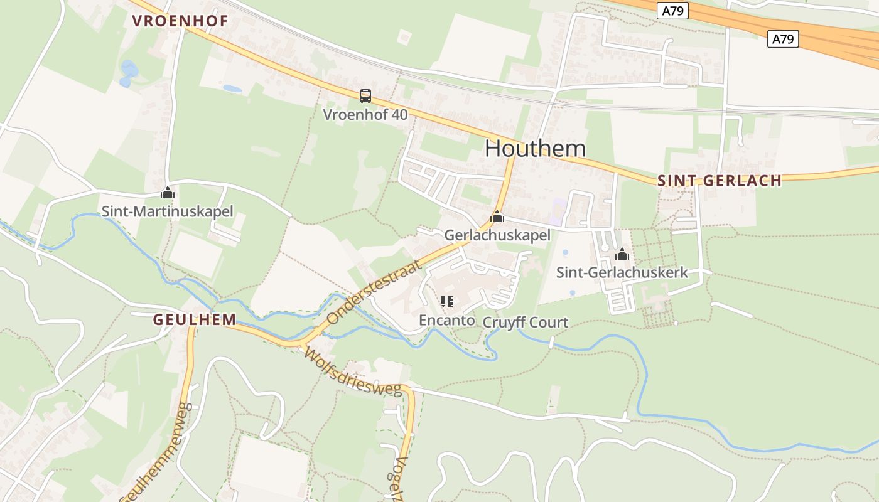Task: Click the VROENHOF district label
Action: point(180,21)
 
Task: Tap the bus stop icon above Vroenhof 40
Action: point(365,96)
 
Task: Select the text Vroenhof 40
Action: point(365,114)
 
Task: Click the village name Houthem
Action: point(536,148)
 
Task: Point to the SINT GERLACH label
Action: point(720,181)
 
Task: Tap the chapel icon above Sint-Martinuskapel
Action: point(167,193)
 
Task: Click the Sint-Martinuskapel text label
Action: point(167,211)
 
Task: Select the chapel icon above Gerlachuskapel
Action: point(497,217)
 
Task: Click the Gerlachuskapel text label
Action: point(497,235)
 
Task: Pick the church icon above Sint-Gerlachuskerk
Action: point(622,254)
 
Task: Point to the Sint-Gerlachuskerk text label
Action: point(622,272)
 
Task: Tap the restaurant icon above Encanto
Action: point(447,302)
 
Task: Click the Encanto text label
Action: point(447,320)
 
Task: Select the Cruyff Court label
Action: point(526,323)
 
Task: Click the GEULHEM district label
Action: point(195,319)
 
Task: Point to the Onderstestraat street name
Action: point(373,293)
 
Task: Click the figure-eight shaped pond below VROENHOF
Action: point(128,73)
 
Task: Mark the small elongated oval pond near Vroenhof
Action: point(232,89)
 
